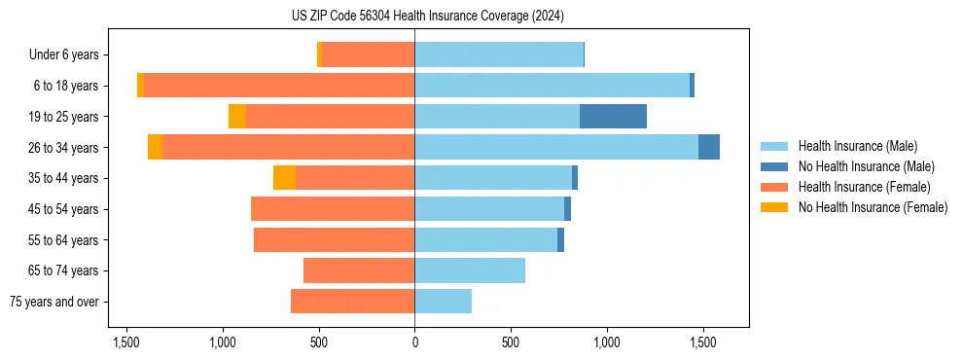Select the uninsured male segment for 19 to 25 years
tap(613, 117)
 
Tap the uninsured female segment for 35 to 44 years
tap(284, 178)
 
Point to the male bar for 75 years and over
tap(444, 302)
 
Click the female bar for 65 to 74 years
tap(359, 270)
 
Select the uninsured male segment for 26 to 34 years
tap(709, 147)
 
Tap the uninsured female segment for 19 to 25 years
tap(237, 117)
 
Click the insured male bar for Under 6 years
tap(499, 54)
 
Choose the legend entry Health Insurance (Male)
tap(857, 146)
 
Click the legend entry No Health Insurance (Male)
tap(866, 166)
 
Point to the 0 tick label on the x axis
tap(414, 342)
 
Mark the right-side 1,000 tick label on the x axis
tap(606, 342)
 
